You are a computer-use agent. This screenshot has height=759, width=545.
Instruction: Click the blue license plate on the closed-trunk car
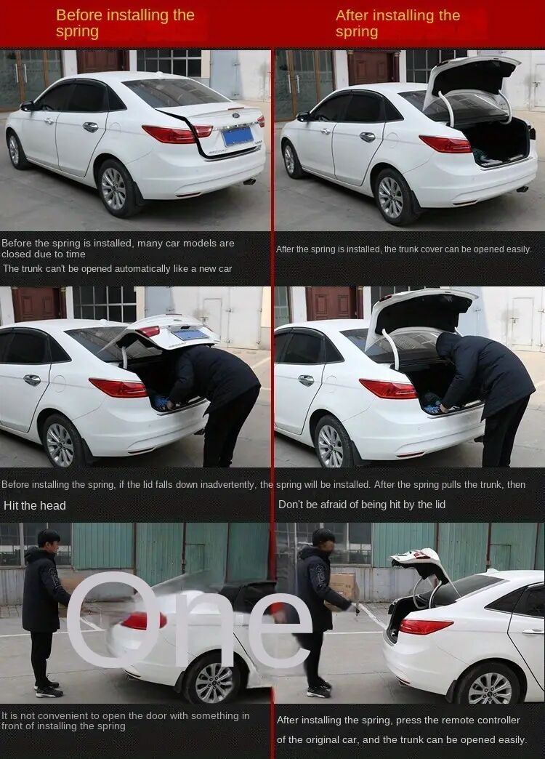(x=238, y=135)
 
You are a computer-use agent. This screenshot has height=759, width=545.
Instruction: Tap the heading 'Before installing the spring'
(x=125, y=23)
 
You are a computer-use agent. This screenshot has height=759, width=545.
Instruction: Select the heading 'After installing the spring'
(x=397, y=23)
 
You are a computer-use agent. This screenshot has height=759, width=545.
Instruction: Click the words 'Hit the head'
(x=34, y=505)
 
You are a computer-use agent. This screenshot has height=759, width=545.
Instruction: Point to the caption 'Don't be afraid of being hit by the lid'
(x=362, y=505)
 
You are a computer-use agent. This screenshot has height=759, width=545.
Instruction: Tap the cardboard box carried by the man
(x=344, y=586)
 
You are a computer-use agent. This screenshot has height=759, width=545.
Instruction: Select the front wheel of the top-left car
(x=14, y=150)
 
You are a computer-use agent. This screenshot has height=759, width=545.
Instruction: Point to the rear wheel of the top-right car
(x=392, y=198)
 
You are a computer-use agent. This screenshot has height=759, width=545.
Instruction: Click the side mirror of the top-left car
(x=27, y=106)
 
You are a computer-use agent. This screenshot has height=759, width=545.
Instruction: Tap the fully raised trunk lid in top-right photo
(x=472, y=76)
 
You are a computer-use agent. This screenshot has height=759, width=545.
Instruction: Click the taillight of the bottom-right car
(x=425, y=627)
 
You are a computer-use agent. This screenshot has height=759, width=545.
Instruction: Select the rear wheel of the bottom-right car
(x=489, y=686)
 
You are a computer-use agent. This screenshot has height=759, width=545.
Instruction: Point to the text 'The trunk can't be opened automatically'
(x=117, y=269)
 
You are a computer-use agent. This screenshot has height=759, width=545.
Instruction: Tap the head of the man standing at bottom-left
(x=48, y=539)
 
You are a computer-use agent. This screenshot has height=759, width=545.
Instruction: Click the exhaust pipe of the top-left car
(x=249, y=181)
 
